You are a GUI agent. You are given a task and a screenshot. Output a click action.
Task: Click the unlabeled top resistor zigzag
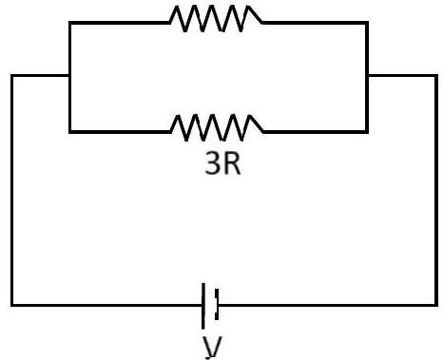click(216, 18)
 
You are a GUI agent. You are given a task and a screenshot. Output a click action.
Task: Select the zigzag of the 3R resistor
click(217, 127)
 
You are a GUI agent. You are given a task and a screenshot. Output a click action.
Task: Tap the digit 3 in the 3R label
click(213, 162)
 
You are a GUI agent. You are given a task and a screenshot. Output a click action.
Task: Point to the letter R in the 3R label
click(232, 162)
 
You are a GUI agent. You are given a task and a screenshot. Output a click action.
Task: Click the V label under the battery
click(212, 348)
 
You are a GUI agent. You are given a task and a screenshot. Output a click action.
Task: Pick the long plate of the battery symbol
click(203, 306)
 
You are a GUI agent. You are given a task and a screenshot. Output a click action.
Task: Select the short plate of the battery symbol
click(217, 305)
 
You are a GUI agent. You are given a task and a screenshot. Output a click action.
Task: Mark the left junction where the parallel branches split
click(69, 75)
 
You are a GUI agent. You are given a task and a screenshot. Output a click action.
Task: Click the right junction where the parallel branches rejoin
click(367, 76)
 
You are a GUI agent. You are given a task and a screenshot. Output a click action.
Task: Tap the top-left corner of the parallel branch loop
click(70, 23)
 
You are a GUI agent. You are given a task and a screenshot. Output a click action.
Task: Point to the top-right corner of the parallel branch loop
click(367, 23)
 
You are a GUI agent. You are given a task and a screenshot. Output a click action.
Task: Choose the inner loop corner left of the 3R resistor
click(70, 132)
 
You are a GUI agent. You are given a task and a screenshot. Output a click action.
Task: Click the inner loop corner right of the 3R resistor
click(367, 132)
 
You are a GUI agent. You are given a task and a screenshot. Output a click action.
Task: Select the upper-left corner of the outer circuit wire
click(12, 75)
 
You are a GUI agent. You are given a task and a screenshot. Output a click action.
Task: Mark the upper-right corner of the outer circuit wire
click(436, 76)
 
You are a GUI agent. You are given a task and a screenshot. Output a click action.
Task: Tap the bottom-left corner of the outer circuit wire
click(12, 305)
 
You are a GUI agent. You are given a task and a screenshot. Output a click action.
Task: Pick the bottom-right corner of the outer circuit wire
click(436, 305)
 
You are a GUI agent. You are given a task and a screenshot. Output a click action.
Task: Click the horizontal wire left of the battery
click(106, 305)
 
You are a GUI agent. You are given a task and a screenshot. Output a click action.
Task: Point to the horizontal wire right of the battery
click(328, 305)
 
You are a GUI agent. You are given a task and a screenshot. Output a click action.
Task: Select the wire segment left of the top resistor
click(120, 23)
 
